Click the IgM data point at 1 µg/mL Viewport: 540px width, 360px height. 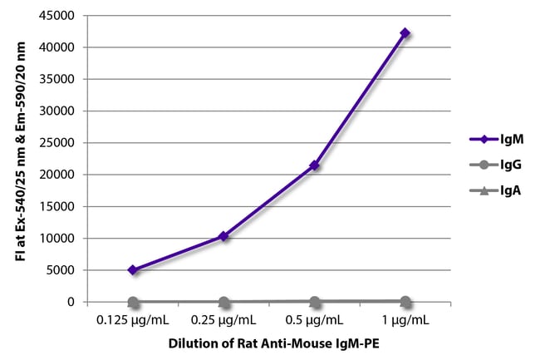pos(405,33)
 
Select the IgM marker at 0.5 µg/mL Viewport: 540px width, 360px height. pos(314,165)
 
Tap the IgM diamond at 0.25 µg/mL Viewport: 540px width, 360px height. pos(223,236)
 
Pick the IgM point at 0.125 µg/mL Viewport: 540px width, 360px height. pos(132,269)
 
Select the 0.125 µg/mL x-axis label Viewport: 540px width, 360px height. pos(132,319)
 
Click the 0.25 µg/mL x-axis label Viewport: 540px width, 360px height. pos(223,319)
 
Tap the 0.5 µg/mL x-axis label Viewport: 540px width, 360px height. pos(314,319)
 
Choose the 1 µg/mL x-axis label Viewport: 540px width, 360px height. pos(405,319)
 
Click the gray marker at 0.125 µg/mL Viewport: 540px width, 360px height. pos(132,302)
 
